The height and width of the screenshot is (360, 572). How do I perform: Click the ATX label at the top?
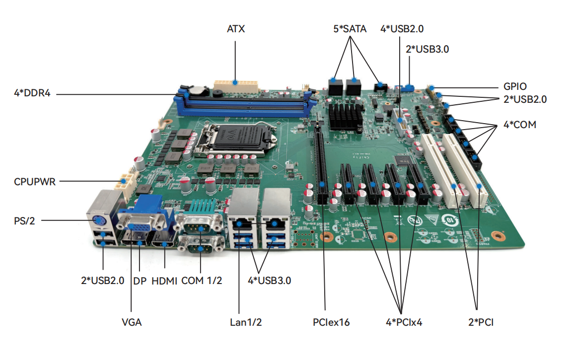pos(236,29)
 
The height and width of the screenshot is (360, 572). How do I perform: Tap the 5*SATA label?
pos(350,29)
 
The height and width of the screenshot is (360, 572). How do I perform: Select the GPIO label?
pos(514,86)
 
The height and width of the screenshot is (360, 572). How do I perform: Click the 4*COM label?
pos(520,125)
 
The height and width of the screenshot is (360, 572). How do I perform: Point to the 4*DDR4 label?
pos(32,93)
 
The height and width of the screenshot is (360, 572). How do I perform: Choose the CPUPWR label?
pos(35,182)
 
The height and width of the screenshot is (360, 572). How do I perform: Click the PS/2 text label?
pos(24,220)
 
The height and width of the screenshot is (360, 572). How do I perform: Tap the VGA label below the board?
pos(132,322)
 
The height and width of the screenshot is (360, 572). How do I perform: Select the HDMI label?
pos(164,281)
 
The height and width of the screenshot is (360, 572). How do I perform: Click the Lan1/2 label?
pos(245,322)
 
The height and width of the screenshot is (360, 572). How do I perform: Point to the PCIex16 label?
pos(331,322)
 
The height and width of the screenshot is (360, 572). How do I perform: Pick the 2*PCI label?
pos(481,322)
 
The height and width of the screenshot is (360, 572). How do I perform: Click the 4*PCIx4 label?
pos(404,322)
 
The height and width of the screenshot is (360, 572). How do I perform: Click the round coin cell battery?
pos(199,91)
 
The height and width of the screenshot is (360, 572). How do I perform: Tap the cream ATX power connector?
pos(236,85)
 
